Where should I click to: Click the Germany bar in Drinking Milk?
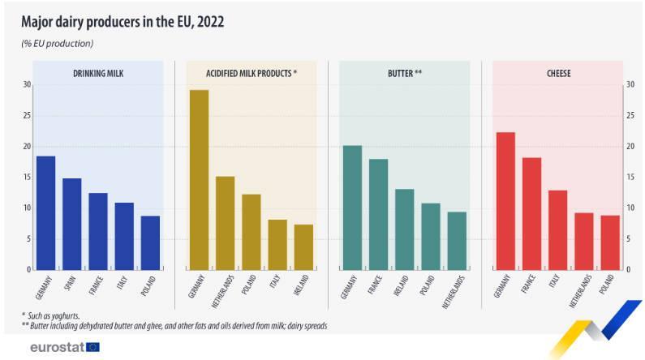pyautogui.click(x=46, y=212)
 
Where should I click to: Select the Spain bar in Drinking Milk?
pyautogui.click(x=72, y=224)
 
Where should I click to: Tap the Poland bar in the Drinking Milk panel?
pyautogui.click(x=150, y=242)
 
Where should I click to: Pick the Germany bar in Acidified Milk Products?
pyautogui.click(x=199, y=179)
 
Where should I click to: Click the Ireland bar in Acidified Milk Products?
pyautogui.click(x=303, y=246)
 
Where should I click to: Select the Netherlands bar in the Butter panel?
pyautogui.click(x=457, y=240)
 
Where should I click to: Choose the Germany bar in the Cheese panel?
pyautogui.click(x=505, y=200)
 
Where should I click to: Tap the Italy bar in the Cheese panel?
pyautogui.click(x=557, y=229)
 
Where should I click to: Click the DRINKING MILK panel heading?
pyautogui.click(x=99, y=74)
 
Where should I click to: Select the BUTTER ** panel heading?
pyautogui.click(x=405, y=74)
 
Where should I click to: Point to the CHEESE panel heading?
pyautogui.click(x=557, y=74)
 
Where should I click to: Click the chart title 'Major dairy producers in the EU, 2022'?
pyautogui.click(x=123, y=22)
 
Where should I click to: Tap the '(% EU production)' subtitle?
pyautogui.click(x=58, y=43)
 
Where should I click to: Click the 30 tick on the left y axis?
pyautogui.click(x=27, y=85)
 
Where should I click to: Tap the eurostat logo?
pyautogui.click(x=64, y=347)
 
